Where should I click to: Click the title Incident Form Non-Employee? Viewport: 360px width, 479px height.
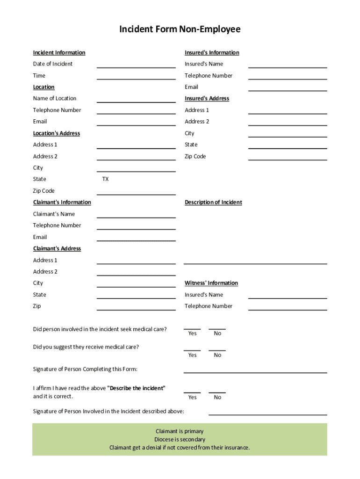pyautogui.click(x=180, y=30)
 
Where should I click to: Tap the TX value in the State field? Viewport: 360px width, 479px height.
pyautogui.click(x=106, y=179)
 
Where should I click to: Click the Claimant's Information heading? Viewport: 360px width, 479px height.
pyautogui.click(x=62, y=202)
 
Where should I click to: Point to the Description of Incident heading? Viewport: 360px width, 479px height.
pyautogui.click(x=213, y=202)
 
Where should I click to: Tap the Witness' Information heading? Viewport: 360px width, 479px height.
pyautogui.click(x=211, y=283)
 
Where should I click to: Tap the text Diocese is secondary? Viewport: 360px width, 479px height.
pyautogui.click(x=180, y=439)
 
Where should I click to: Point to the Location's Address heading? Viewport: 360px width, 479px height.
pyautogui.click(x=56, y=133)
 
